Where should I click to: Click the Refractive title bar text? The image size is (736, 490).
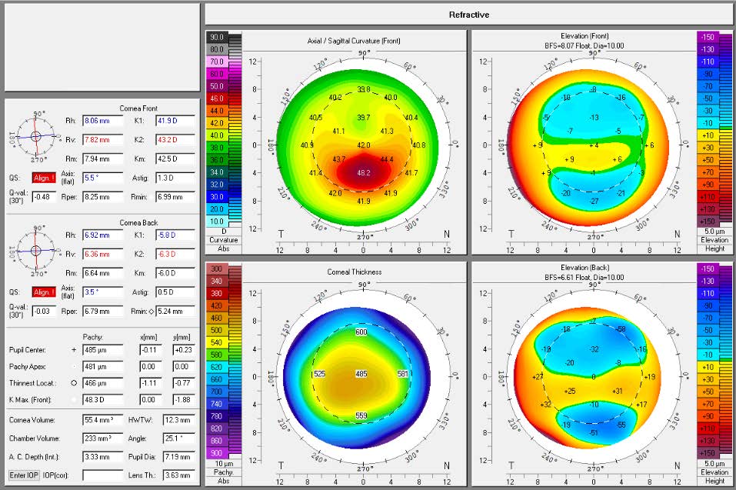pyautogui.click(x=469, y=15)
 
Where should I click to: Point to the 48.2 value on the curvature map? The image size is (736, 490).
pyautogui.click(x=364, y=173)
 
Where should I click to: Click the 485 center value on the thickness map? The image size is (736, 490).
pyautogui.click(x=361, y=374)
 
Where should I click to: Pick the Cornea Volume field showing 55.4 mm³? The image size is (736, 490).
pyautogui.click(x=103, y=420)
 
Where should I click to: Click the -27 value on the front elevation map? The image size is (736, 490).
pyautogui.click(x=593, y=201)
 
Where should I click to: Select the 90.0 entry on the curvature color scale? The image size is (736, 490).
pyautogui.click(x=216, y=37)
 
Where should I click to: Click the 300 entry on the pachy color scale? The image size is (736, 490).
pyautogui.click(x=216, y=268)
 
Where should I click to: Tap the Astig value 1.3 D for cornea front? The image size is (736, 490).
pyautogui.click(x=176, y=177)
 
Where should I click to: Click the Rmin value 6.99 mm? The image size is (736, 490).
pyautogui.click(x=176, y=197)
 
